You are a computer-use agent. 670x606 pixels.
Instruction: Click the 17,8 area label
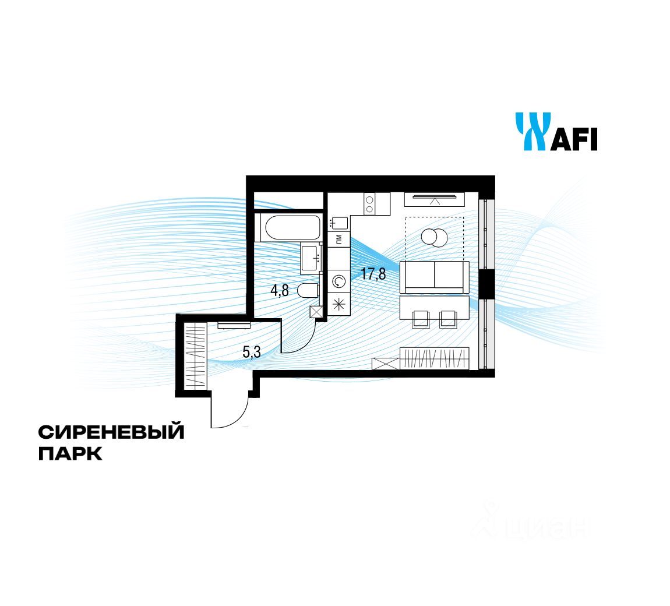[373, 273]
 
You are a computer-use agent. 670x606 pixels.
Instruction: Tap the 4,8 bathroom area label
[279, 290]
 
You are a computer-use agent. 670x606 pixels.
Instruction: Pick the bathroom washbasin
[312, 257]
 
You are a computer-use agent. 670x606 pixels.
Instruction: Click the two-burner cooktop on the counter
[369, 204]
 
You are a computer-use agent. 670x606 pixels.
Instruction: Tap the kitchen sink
[338, 223]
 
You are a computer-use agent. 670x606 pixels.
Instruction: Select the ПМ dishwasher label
[338, 239]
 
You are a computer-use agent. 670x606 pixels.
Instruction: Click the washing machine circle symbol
[338, 282]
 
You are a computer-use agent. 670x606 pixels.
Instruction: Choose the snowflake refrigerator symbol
[338, 303]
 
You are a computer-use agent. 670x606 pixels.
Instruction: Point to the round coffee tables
[434, 237]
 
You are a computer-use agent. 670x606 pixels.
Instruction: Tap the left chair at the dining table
[421, 318]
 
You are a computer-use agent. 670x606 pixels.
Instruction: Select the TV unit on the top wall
[434, 199]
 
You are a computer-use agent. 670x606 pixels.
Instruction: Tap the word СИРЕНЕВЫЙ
[111, 432]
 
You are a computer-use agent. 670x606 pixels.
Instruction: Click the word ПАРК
[70, 454]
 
